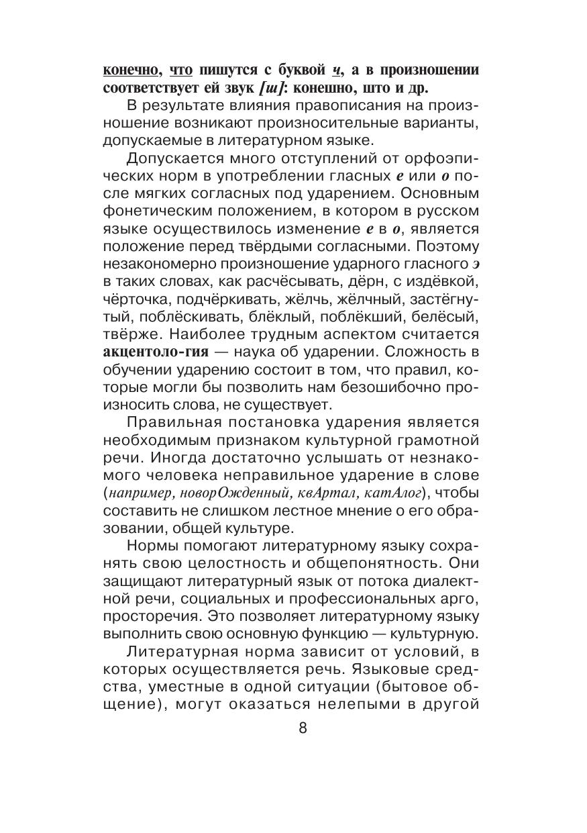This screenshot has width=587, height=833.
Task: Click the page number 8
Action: click(301, 729)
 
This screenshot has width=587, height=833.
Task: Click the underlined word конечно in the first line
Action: click(131, 71)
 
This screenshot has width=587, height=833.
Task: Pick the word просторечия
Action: click(144, 617)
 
